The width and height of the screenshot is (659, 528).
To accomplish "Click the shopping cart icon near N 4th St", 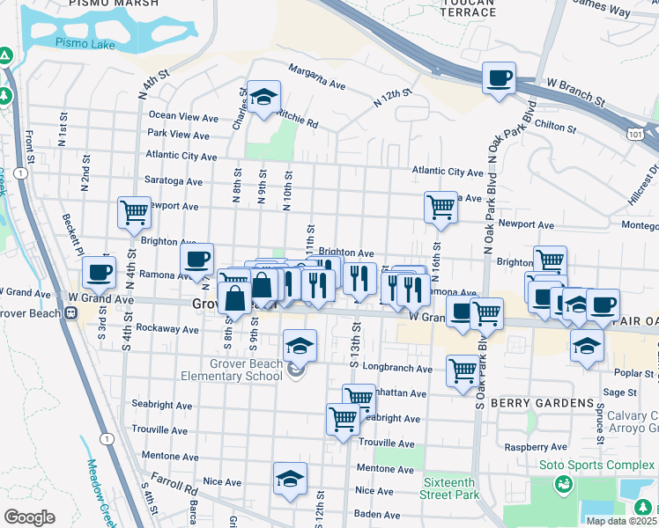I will pos(134,212).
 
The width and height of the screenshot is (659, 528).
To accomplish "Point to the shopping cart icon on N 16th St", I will pos(441,209).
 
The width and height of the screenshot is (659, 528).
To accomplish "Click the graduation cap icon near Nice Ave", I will pos(290,480).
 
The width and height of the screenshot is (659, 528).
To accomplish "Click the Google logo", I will pos(29,517).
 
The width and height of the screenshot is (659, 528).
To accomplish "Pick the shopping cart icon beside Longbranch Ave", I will pos(463,370).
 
